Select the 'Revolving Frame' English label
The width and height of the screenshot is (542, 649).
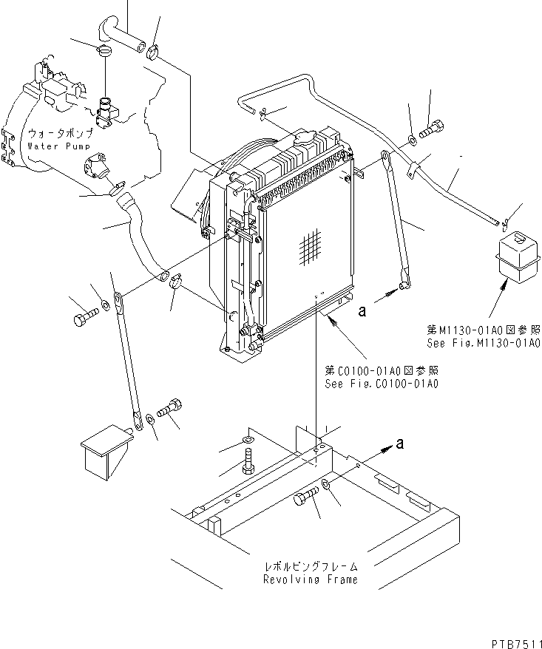[310, 580]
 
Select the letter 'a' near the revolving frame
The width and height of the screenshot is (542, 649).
[400, 444]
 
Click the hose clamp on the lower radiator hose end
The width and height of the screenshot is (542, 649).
[177, 282]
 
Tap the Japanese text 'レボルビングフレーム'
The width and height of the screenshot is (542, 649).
[310, 566]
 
